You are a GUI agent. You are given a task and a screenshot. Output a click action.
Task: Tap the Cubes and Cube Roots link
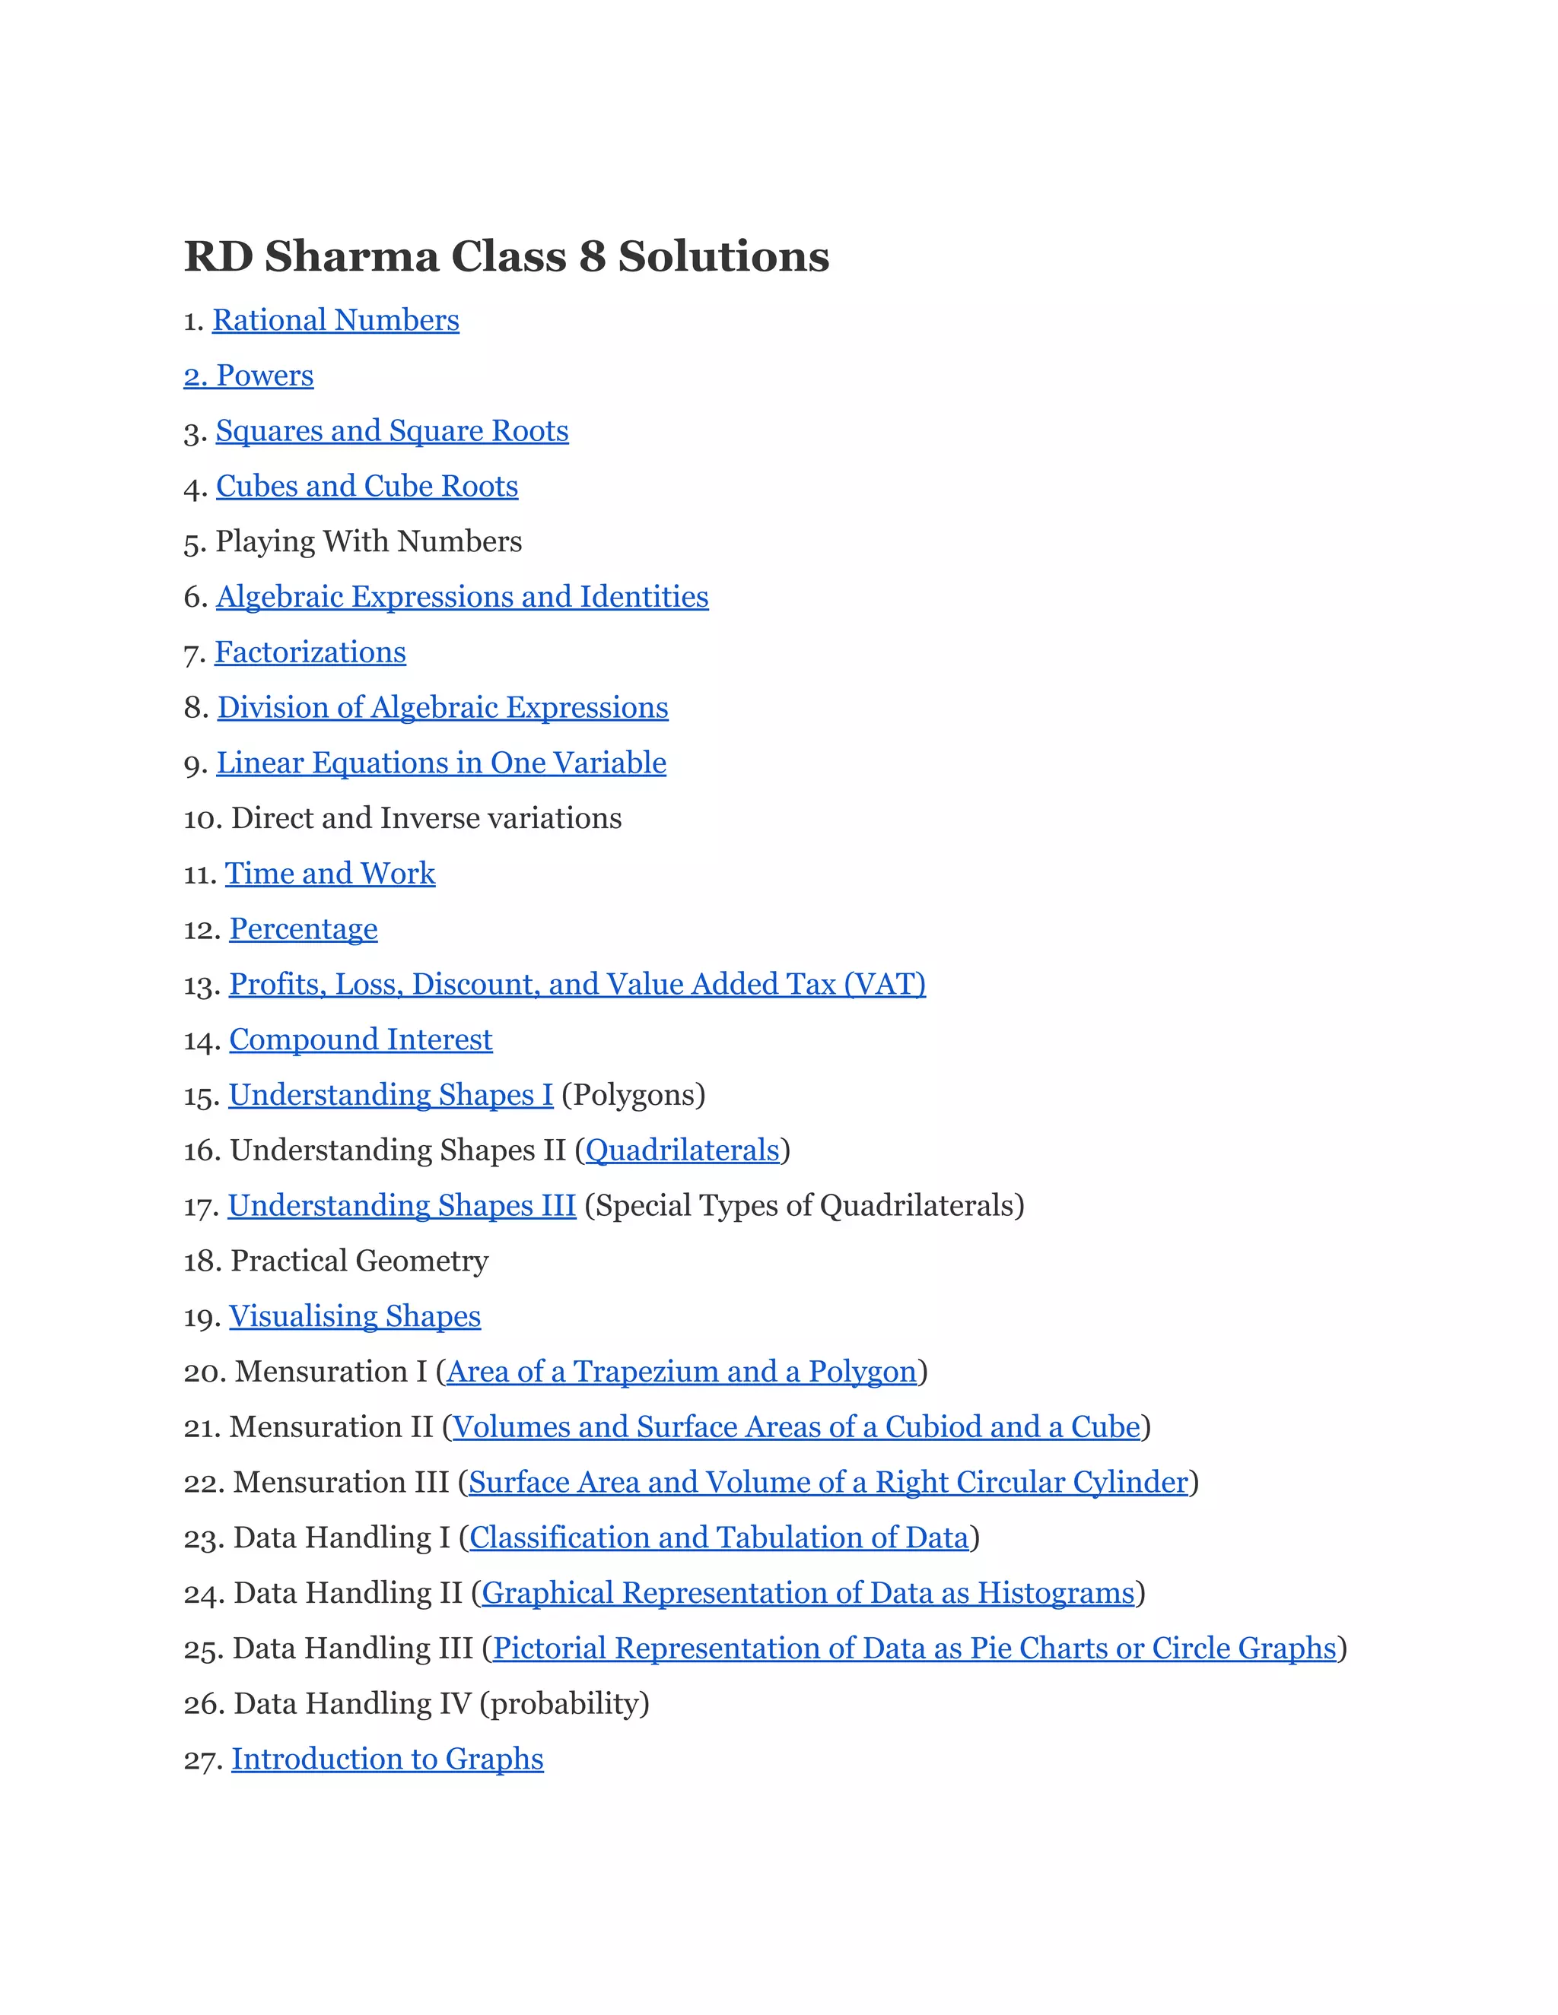[367, 486]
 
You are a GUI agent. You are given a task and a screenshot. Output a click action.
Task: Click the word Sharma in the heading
[351, 256]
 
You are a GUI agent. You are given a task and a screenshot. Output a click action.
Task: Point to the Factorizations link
[310, 652]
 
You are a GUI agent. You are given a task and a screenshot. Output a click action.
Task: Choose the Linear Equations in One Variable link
[441, 763]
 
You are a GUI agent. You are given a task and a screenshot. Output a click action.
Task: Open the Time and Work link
[329, 874]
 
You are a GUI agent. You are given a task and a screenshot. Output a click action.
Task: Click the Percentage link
[303, 929]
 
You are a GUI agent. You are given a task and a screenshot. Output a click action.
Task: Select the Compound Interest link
[360, 1039]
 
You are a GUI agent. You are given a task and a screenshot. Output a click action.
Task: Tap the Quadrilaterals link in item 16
[682, 1150]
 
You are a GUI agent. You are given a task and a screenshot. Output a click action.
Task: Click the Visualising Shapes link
[355, 1316]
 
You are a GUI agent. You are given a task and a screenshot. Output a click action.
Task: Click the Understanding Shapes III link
[402, 1206]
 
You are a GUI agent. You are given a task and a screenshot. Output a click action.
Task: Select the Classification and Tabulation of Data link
[718, 1538]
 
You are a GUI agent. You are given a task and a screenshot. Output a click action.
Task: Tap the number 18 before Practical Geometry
[199, 1261]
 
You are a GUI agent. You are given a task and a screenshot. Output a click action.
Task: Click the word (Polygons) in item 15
[633, 1095]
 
